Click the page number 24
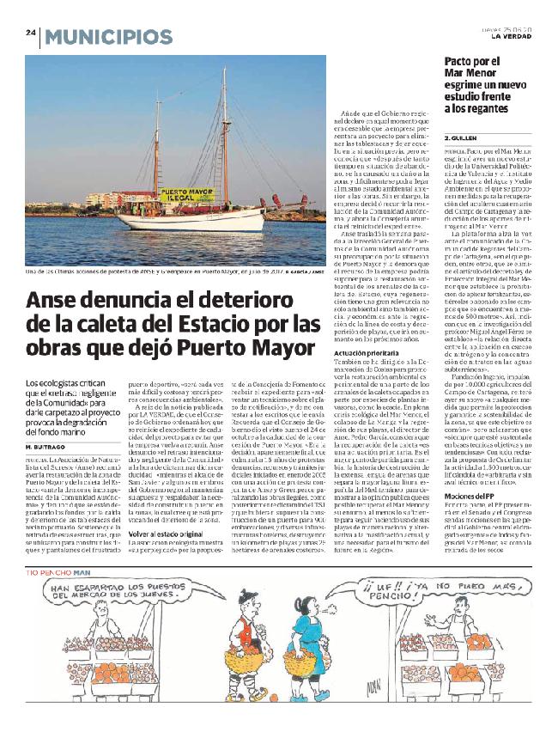pos(29,34)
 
